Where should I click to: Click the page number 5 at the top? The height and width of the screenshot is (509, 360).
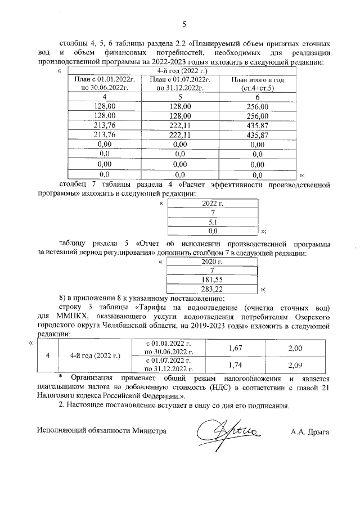point(183,23)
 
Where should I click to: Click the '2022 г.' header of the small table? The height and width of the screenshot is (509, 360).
point(213,204)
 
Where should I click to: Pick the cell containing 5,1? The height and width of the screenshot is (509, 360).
point(213,222)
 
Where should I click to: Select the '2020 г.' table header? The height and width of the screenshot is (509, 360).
point(213,261)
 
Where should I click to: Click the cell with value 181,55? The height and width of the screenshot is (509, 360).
point(213,279)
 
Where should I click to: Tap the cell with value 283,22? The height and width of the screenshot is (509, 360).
point(213,288)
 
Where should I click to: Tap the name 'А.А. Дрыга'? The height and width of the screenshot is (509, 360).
point(309,432)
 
